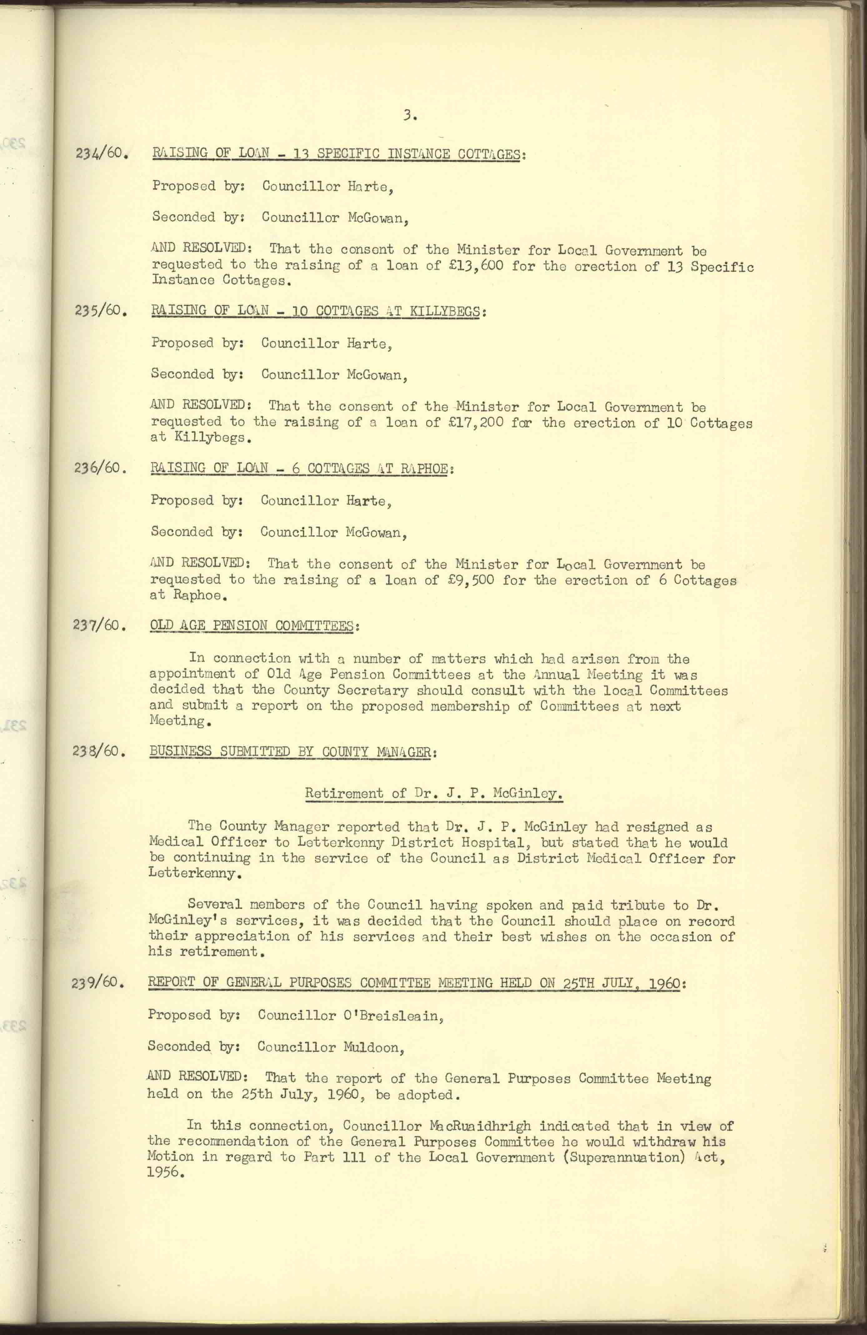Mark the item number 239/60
pos(97,983)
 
